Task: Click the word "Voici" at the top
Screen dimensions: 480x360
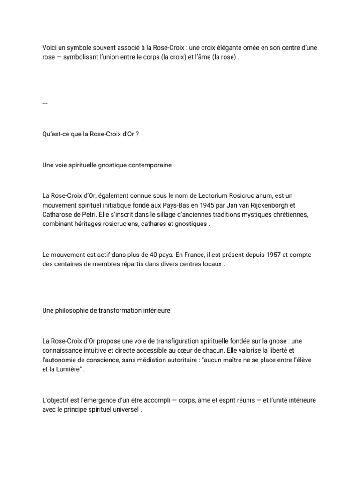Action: click(49, 48)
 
